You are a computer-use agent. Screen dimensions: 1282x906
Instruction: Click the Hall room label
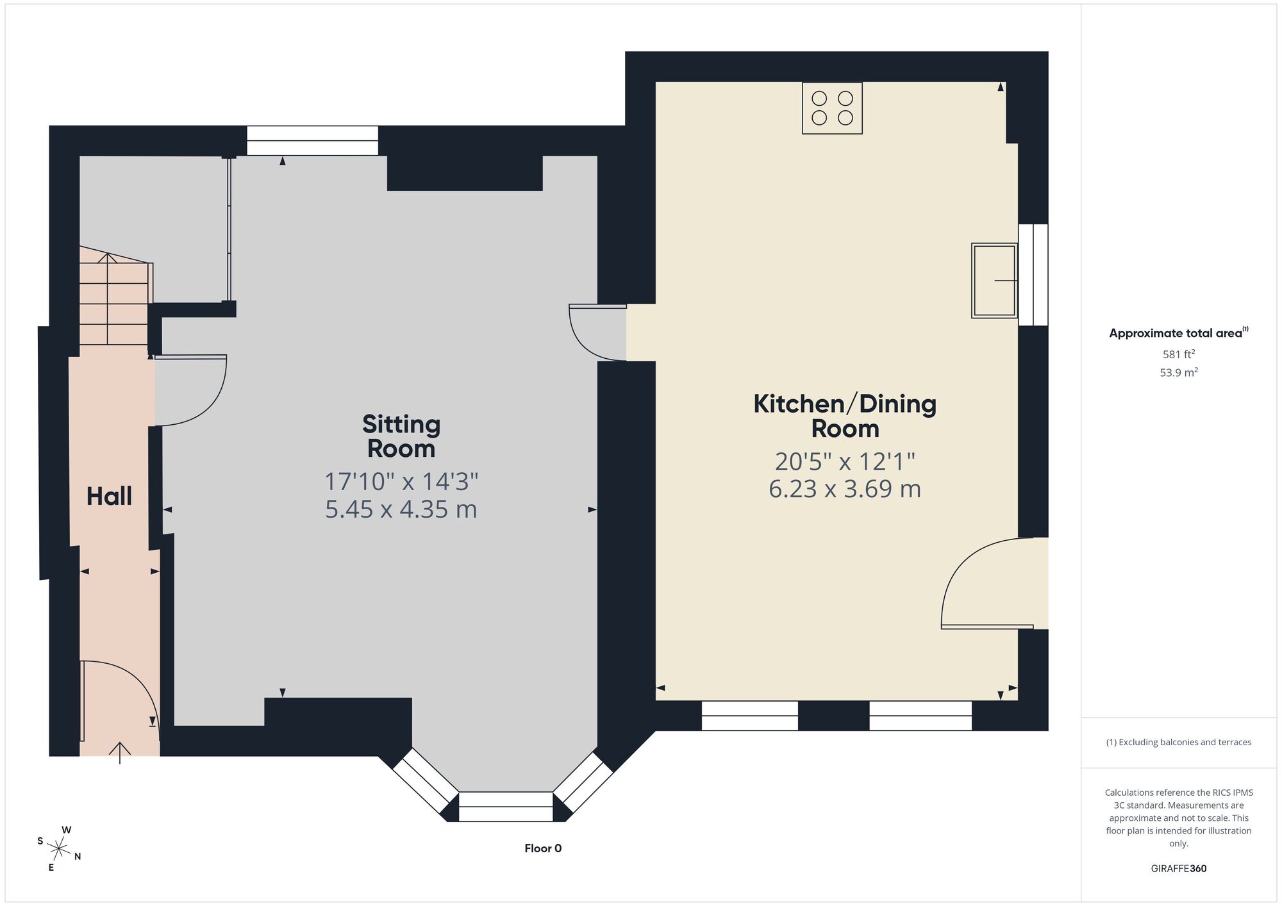(109, 496)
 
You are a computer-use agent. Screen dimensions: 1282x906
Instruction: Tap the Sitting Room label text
(401, 436)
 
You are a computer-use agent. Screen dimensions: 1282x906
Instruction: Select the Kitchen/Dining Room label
(845, 416)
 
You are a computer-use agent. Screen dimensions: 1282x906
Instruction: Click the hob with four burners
(832, 108)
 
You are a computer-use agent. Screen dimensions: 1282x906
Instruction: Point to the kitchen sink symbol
(994, 281)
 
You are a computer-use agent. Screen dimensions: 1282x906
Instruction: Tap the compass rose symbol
(59, 850)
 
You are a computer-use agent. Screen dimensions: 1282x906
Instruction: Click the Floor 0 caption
(543, 848)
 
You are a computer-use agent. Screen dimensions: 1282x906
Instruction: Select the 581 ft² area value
(1179, 354)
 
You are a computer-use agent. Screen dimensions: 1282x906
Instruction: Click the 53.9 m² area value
(1179, 372)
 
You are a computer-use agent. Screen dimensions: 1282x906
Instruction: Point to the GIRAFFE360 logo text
(1179, 869)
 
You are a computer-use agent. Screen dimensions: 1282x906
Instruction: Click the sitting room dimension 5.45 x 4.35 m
(401, 509)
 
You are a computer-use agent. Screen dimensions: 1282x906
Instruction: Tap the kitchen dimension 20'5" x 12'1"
(845, 461)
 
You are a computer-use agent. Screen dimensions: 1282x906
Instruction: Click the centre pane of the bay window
(506, 807)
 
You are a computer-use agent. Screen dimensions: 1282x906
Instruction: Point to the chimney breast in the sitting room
(465, 173)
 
